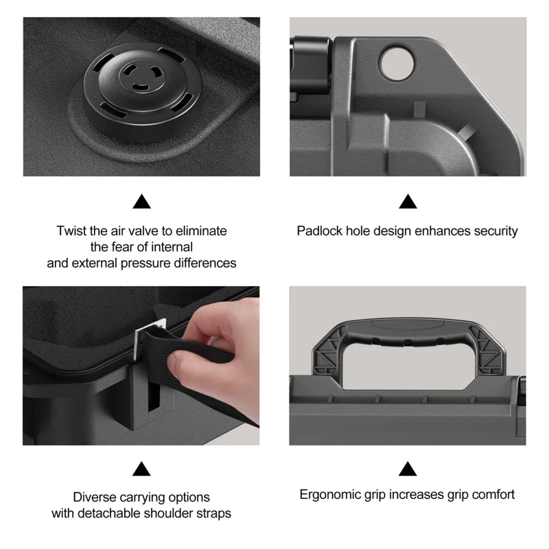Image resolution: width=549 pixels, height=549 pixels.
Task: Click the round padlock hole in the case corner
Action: pyautogui.click(x=397, y=64)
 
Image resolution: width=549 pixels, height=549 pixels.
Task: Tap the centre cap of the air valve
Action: pyautogui.click(x=141, y=75)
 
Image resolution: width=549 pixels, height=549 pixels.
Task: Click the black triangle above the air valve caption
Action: pyautogui.click(x=141, y=201)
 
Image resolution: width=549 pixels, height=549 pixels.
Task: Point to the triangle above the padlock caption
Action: pyautogui.click(x=408, y=201)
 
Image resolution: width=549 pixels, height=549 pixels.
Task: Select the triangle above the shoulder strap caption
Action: pyautogui.click(x=141, y=469)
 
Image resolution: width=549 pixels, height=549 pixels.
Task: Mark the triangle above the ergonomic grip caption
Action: pyautogui.click(x=408, y=469)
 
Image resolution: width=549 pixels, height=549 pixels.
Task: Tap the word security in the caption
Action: pyautogui.click(x=495, y=232)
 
